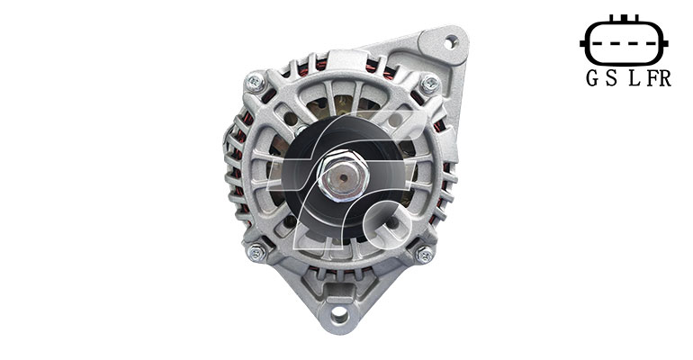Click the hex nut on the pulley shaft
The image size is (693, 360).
click(344, 175)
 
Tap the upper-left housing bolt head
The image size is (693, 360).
click(256, 82)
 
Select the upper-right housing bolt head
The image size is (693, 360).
click(429, 83)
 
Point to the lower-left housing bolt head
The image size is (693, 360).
click(256, 252)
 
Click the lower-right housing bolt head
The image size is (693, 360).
click(425, 254)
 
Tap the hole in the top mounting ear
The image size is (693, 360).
click(449, 43)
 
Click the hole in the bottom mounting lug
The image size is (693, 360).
click(339, 313)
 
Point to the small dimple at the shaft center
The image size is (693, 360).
click(344, 177)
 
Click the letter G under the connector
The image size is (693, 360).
click(592, 78)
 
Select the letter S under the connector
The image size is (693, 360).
click(612, 78)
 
